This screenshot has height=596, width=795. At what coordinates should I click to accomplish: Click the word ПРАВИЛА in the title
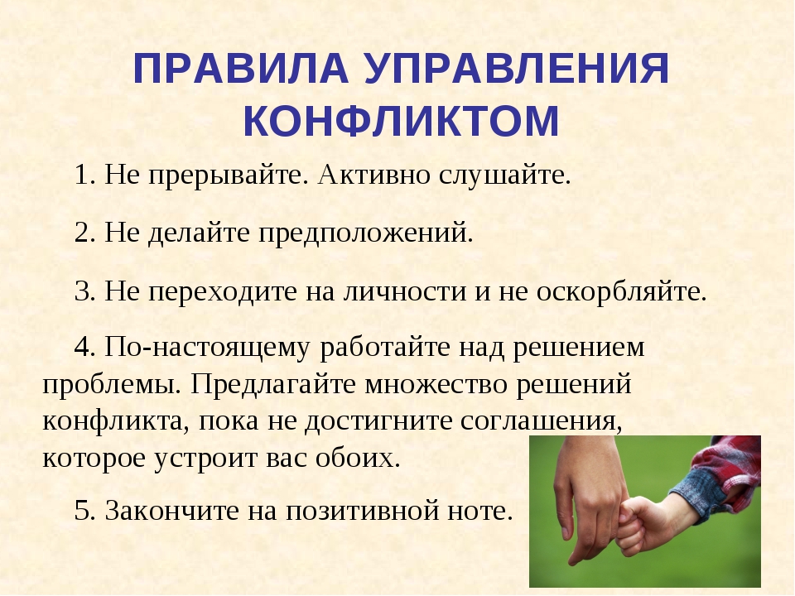click(241, 68)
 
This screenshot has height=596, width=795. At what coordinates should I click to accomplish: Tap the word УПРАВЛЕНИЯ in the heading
click(517, 68)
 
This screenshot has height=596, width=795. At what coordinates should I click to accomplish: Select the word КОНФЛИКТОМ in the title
click(401, 121)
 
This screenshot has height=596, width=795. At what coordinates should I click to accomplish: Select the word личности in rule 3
click(405, 292)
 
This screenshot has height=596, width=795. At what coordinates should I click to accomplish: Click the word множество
click(436, 385)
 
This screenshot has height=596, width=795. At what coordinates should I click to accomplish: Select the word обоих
click(358, 458)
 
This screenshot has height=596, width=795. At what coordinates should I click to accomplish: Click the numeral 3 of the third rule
click(83, 292)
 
